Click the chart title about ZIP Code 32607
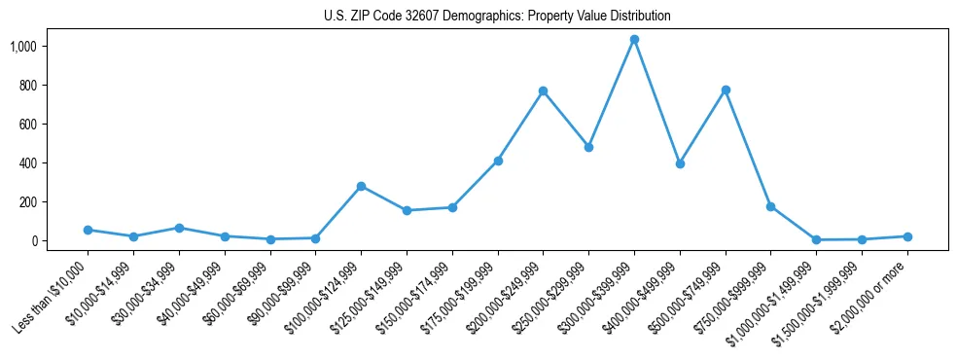click(497, 17)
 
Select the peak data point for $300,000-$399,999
click(634, 40)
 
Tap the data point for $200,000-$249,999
click(543, 91)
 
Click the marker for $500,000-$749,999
click(725, 90)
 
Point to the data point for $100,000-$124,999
click(361, 186)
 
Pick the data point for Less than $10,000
click(88, 230)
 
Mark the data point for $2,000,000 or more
click(906, 236)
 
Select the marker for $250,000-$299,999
click(588, 147)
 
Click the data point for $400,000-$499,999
click(680, 163)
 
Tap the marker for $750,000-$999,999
click(770, 206)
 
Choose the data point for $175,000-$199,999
click(498, 161)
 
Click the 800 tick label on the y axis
click(54, 86)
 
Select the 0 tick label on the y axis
click(61, 241)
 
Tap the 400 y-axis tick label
click(54, 163)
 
